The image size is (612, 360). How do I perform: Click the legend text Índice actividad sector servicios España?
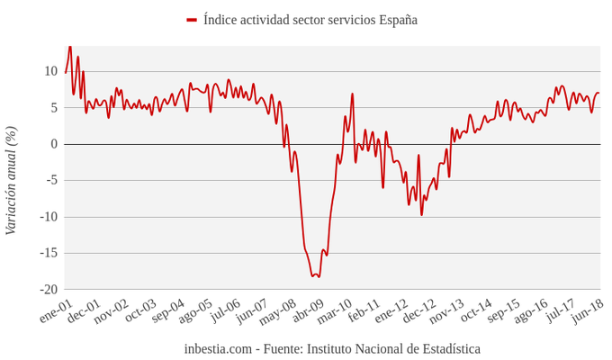click(x=310, y=20)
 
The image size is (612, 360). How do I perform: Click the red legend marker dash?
click(x=192, y=20)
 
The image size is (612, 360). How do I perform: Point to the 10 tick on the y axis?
click(x=50, y=71)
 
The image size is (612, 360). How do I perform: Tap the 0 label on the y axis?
click(x=54, y=144)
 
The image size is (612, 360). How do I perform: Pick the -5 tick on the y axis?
click(x=50, y=180)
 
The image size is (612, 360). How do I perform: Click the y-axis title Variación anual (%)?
click(x=12, y=180)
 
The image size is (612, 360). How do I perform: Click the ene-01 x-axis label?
click(x=55, y=311)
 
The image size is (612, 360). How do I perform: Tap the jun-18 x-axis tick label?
click(x=587, y=310)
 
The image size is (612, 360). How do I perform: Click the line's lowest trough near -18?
click(x=319, y=276)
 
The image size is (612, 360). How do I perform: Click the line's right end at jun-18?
click(x=599, y=93)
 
